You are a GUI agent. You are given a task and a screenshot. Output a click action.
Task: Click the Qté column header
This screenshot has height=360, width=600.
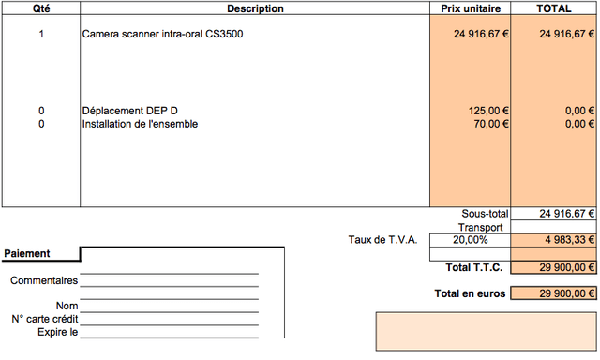point(41,8)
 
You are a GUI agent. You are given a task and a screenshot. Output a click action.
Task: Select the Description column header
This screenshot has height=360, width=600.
point(255,8)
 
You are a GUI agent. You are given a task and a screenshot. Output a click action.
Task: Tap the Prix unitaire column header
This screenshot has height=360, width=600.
point(471,8)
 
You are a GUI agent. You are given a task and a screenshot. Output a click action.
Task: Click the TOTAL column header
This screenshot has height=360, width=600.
point(554,8)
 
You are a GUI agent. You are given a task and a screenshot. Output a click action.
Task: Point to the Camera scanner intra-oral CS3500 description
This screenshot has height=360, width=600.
point(162,34)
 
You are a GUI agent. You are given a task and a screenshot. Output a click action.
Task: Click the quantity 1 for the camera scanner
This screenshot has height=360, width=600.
point(41,34)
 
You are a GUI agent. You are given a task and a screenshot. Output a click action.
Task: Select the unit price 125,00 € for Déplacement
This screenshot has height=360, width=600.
point(488,111)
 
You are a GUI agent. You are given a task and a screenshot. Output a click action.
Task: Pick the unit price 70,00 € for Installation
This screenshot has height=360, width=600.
point(491,124)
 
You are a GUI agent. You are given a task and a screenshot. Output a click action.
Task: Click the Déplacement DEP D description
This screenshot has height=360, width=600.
point(130,111)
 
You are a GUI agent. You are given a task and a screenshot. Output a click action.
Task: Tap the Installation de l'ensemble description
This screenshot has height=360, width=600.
point(140,124)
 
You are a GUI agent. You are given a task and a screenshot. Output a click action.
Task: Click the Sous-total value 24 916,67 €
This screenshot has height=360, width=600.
point(567,214)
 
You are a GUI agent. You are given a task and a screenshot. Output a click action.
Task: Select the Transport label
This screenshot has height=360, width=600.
point(481,227)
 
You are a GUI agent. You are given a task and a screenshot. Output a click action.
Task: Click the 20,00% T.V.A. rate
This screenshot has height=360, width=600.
point(471,240)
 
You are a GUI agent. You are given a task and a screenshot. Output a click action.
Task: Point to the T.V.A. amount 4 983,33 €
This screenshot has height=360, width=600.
point(570,240)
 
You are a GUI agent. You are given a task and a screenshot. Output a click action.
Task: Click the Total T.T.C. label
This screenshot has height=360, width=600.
point(474,267)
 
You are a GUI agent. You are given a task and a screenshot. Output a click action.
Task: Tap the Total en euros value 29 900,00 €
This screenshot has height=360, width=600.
point(567,293)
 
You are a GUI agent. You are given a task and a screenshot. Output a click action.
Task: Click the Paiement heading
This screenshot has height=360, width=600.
point(27,253)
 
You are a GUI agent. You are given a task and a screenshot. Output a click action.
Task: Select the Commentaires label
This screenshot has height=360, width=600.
point(44,280)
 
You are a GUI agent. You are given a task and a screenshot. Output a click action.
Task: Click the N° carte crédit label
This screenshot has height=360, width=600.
point(45,319)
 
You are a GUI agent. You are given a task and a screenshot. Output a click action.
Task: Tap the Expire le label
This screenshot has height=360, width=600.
point(58,332)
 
